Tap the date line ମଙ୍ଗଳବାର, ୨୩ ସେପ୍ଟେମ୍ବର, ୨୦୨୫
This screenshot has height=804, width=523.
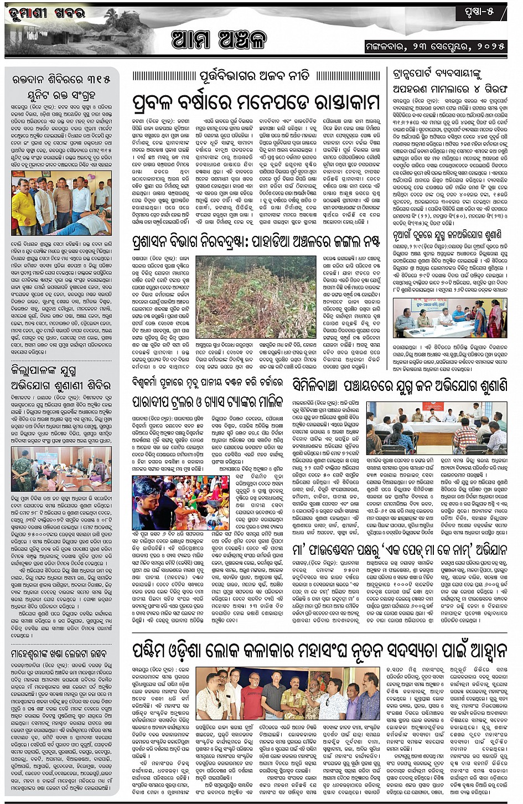pyautogui.click(x=435, y=47)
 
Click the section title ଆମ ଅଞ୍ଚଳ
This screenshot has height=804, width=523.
pyautogui.click(x=219, y=40)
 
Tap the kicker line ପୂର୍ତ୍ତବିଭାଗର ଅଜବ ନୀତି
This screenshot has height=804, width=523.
pyautogui.click(x=255, y=76)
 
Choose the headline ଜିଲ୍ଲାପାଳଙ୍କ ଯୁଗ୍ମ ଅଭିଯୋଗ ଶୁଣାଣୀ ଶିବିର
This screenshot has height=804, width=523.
pyautogui.click(x=61, y=378)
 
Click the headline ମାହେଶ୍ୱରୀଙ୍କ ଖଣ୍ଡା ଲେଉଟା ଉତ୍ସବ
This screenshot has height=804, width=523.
pyautogui.click(x=61, y=654)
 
